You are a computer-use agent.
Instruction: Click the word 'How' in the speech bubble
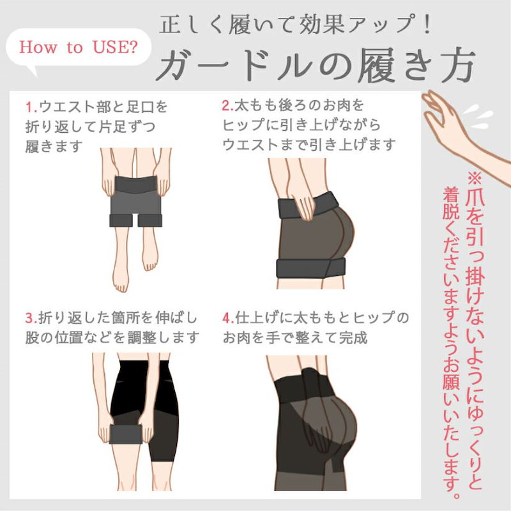click(38, 47)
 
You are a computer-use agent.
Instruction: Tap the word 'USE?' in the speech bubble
click(116, 47)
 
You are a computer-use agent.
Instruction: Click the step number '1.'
click(32, 107)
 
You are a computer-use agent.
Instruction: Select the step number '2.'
click(228, 105)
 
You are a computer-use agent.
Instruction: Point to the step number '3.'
click(31, 317)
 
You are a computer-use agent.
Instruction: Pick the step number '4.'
click(229, 317)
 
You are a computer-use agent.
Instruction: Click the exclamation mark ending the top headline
click(427, 24)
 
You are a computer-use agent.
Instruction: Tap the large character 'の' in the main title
click(333, 66)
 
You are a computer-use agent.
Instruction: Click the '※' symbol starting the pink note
click(475, 178)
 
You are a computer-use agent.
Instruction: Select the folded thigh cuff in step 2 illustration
click(310, 268)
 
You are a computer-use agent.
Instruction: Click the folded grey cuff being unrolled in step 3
click(125, 434)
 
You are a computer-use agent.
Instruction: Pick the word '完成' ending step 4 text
click(353, 338)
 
